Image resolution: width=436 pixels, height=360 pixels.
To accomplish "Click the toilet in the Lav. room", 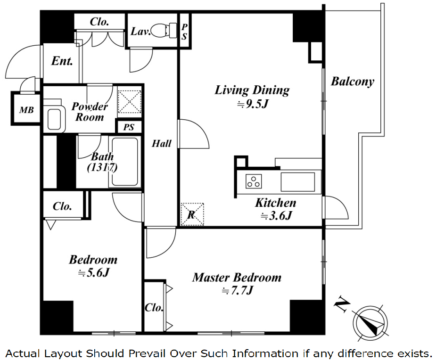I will [x=163, y=31].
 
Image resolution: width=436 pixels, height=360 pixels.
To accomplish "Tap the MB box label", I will [x=26, y=110].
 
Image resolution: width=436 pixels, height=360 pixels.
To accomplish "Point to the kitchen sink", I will [x=297, y=181].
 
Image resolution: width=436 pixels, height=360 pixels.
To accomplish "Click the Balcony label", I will [x=352, y=82].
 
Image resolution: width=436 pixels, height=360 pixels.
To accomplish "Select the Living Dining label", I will [x=252, y=90].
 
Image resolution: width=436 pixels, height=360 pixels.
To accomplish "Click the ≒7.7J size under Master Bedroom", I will [x=238, y=291].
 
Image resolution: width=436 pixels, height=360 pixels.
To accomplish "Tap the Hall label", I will [x=161, y=143].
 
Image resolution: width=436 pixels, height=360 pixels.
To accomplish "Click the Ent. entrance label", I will [x=62, y=61].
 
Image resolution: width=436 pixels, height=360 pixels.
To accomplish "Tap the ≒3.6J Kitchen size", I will [x=277, y=216].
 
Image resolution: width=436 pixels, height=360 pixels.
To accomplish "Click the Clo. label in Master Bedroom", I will [x=154, y=308].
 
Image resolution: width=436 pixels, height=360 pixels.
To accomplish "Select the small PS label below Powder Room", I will [x=129, y=127].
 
